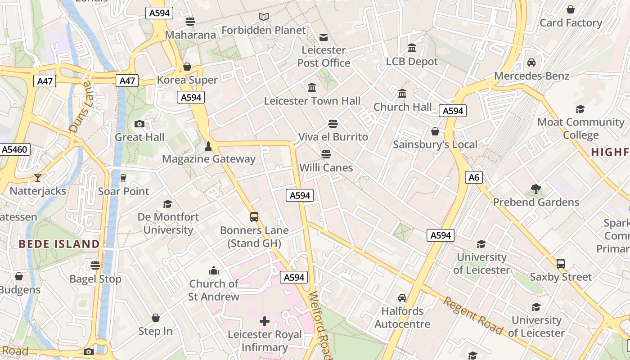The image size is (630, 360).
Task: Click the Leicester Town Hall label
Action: [x=312, y=101]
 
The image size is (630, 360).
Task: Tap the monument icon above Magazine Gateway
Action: [x=208, y=146]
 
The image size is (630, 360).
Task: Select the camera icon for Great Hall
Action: [x=139, y=124]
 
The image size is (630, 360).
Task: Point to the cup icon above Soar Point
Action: [x=123, y=178]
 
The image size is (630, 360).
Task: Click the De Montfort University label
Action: [x=168, y=223]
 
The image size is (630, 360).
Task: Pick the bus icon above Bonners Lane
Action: [x=254, y=217]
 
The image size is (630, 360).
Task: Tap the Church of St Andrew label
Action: [x=214, y=290]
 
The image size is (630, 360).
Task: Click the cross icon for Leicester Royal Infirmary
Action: [x=265, y=321]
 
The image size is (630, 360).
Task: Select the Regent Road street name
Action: [x=473, y=315]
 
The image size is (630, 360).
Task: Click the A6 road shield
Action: [x=474, y=177]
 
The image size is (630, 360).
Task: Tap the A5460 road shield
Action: [x=15, y=149]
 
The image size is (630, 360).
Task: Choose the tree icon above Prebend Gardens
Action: [x=535, y=189]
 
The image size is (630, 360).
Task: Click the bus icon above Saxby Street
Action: [x=560, y=264]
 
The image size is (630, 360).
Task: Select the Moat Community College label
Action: [x=580, y=128]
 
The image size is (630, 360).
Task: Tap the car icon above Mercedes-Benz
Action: [x=531, y=63]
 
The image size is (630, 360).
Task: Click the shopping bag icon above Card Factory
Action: [x=571, y=9]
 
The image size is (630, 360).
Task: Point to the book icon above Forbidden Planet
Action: [x=264, y=17]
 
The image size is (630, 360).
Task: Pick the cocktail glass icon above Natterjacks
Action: [x=38, y=178]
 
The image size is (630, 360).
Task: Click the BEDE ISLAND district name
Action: [x=59, y=244]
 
